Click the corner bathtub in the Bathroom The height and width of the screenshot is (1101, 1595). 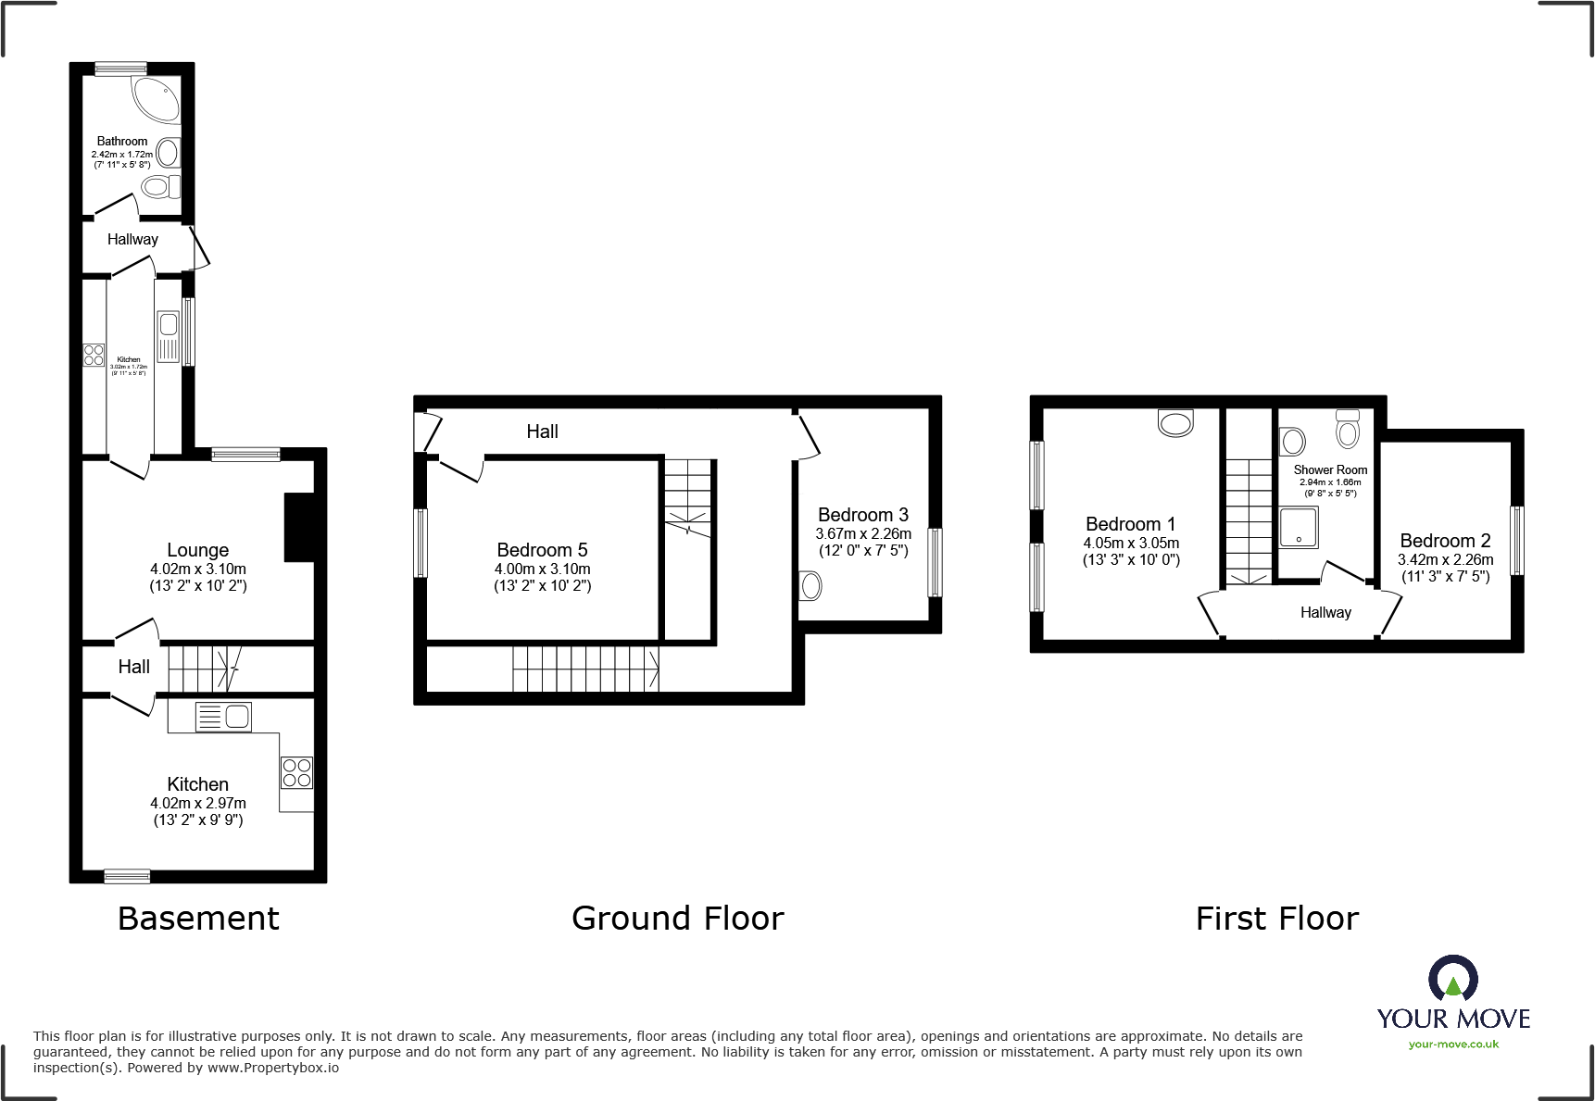(x=157, y=98)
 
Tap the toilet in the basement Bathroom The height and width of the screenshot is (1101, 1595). (x=160, y=187)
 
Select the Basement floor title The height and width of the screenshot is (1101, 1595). (x=198, y=919)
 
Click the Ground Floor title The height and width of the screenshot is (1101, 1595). (x=677, y=919)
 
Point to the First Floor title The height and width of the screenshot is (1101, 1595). (x=1276, y=919)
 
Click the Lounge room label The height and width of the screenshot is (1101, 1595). (x=197, y=550)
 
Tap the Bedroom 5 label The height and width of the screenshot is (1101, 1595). (x=542, y=550)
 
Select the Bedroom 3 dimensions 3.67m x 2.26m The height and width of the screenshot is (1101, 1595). (x=863, y=533)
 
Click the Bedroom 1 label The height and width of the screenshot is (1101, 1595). (x=1130, y=524)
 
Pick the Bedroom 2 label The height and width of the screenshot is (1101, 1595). (x=1445, y=541)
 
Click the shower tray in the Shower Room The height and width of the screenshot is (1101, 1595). (x=1299, y=527)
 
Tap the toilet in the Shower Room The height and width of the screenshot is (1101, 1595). (x=1348, y=430)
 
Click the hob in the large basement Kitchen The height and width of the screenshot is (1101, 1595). (x=296, y=773)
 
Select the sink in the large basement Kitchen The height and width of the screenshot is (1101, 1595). (x=224, y=717)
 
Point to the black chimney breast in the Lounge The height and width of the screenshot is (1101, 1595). (x=298, y=527)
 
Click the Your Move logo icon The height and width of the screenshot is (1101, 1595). (x=1452, y=979)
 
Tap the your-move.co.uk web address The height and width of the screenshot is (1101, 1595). (x=1452, y=1045)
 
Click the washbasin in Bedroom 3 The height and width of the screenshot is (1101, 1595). (x=810, y=586)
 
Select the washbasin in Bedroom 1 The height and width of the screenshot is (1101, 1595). (x=1175, y=423)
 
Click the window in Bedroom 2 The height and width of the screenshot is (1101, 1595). (x=1516, y=541)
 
